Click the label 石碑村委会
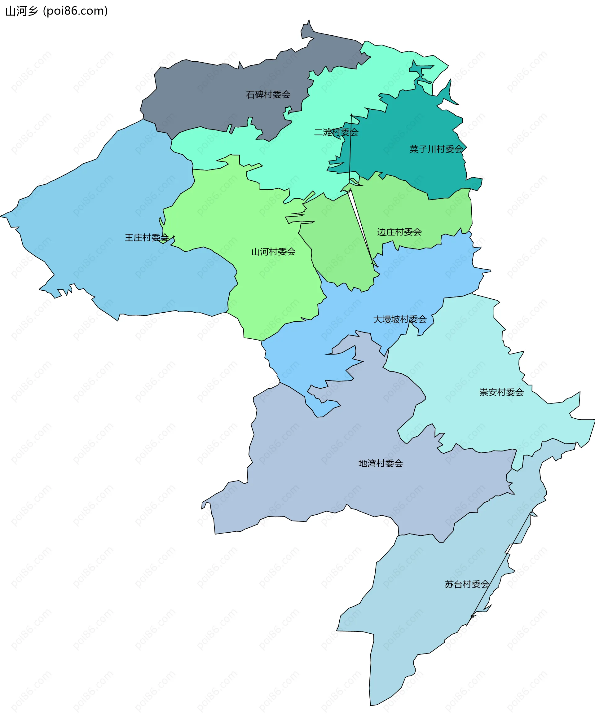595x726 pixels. [268, 95]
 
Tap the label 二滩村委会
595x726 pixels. [336, 132]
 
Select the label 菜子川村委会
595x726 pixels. [436, 149]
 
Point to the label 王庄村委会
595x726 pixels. [147, 237]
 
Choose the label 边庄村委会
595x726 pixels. [399, 232]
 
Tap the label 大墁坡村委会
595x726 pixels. [400, 319]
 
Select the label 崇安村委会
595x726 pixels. [501, 392]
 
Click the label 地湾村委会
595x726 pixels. [381, 464]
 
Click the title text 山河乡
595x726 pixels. [21, 11]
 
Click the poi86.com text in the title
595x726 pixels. [75, 11]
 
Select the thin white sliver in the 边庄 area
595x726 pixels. [360, 226]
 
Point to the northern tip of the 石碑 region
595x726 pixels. [309, 22]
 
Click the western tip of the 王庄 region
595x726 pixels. [2, 216]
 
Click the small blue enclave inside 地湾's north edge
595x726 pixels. [322, 408]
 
